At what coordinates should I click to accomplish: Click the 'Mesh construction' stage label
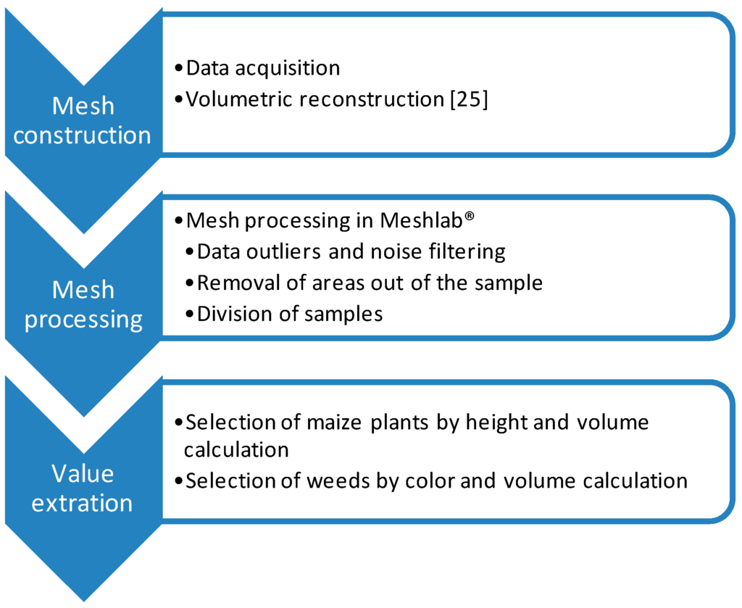point(83,120)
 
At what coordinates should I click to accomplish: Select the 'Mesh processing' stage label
point(83,304)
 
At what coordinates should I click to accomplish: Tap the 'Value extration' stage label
point(83,488)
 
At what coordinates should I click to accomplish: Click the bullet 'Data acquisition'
point(262,68)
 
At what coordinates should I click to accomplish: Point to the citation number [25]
point(469,99)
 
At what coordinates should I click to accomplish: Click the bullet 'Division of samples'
point(289,314)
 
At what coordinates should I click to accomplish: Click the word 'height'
point(500,422)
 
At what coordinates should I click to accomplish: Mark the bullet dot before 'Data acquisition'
point(179,68)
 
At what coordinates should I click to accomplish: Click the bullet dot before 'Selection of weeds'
point(179,480)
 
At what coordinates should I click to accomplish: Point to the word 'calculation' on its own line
point(236,449)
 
